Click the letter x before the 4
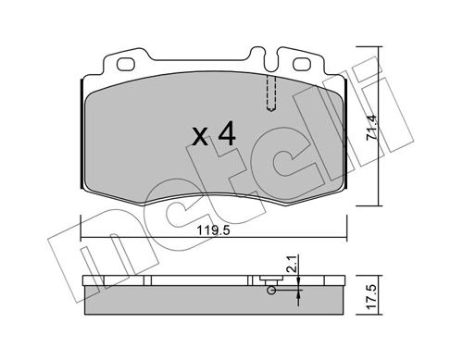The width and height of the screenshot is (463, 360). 198,139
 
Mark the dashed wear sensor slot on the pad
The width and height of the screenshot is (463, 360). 269,92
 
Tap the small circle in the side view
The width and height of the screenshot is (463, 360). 271,292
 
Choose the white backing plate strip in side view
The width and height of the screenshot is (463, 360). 185,279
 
